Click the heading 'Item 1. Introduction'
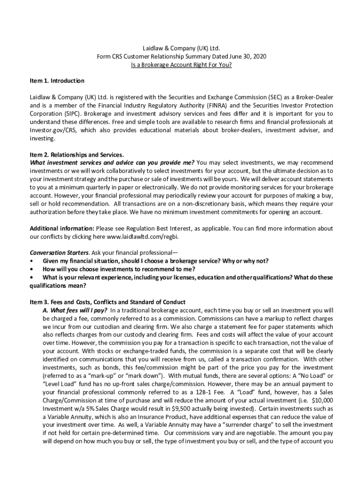pyautogui.click(x=57, y=81)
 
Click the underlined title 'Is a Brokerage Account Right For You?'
pyautogui.click(x=181, y=65)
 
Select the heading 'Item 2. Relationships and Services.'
pyautogui.click(x=77, y=154)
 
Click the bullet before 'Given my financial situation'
pyautogui.click(x=32, y=261)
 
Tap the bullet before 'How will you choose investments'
pyautogui.click(x=32, y=269)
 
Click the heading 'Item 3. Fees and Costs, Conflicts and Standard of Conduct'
pyautogui.click(x=107, y=302)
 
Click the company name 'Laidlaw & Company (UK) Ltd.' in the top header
pyautogui.click(x=181, y=48)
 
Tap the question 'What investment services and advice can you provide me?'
pyautogui.click(x=112, y=163)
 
